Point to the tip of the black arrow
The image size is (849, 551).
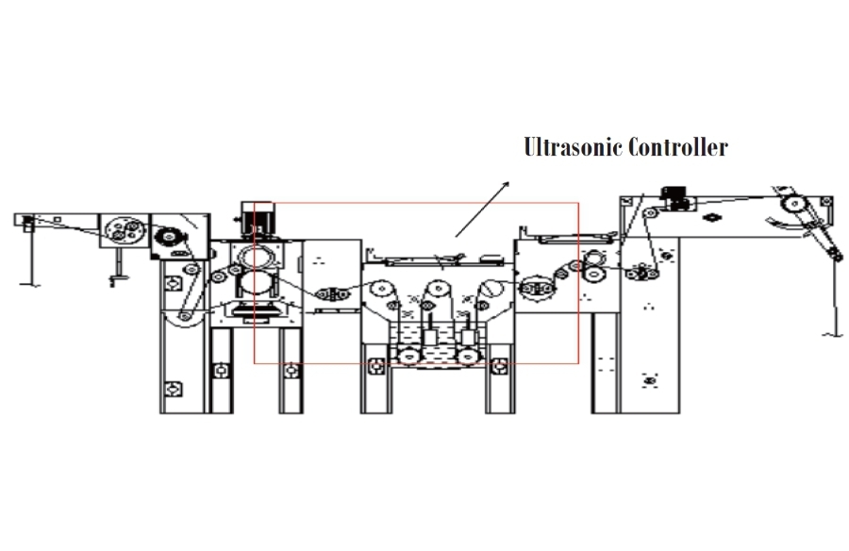pyautogui.click(x=509, y=181)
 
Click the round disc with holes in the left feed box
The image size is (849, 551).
pyautogui.click(x=125, y=230)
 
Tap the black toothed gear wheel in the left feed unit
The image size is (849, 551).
pyautogui.click(x=169, y=238)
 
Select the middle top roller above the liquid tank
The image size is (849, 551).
pyautogui.click(x=439, y=290)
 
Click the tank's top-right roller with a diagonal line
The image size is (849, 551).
pyautogui.click(x=492, y=288)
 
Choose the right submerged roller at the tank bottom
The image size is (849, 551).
pyautogui.click(x=468, y=357)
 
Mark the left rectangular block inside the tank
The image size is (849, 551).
pyautogui.click(x=430, y=338)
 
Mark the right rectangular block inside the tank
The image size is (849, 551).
pyautogui.click(x=468, y=337)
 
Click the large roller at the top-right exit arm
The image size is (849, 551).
pyautogui.click(x=794, y=204)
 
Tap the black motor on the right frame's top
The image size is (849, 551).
pyautogui.click(x=674, y=195)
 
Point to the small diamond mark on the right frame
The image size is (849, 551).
pyautogui.click(x=712, y=218)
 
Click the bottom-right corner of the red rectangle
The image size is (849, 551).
pyautogui.click(x=578, y=363)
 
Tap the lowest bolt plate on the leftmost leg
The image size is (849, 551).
pyautogui.click(x=173, y=389)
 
